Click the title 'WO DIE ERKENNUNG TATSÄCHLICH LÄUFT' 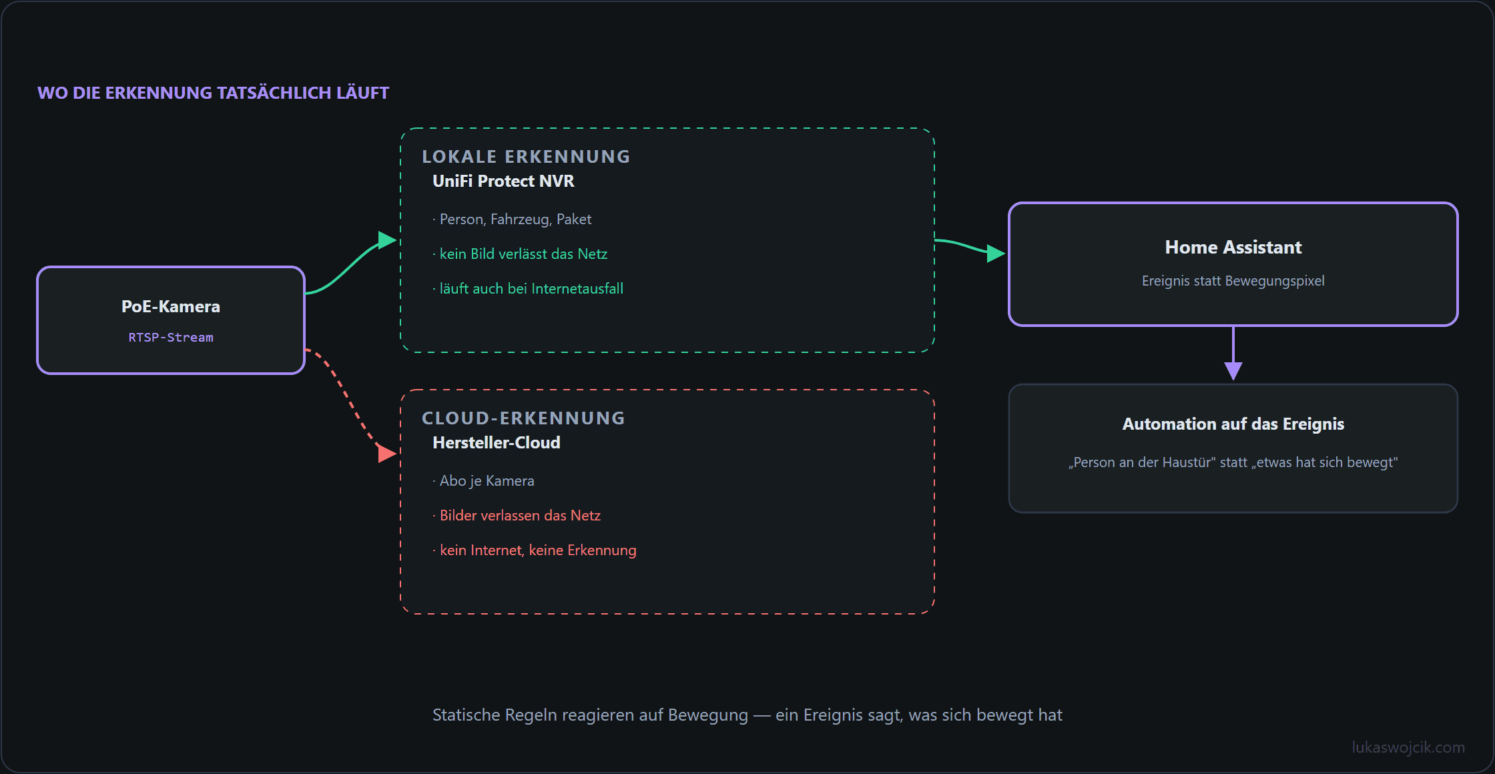tap(213, 93)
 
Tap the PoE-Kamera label tap(171, 306)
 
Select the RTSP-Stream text tap(171, 338)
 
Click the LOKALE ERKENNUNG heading tap(526, 157)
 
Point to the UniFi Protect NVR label tap(503, 181)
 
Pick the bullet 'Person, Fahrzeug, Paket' tap(512, 220)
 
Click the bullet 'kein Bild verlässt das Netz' tap(520, 254)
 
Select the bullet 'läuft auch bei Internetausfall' tap(528, 289)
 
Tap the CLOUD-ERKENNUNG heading tap(524, 418)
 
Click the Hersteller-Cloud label tap(497, 443)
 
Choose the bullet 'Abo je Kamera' tap(483, 481)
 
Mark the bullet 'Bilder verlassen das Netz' tap(517, 516)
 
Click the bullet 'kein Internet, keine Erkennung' tap(535, 550)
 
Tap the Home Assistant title tap(1233, 248)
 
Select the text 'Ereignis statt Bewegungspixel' tap(1233, 281)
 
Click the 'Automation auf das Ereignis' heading tap(1233, 424)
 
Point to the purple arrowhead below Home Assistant tap(1233, 371)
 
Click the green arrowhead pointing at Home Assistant tap(996, 254)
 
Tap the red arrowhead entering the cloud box tap(388, 454)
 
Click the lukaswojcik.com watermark tap(1408, 747)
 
